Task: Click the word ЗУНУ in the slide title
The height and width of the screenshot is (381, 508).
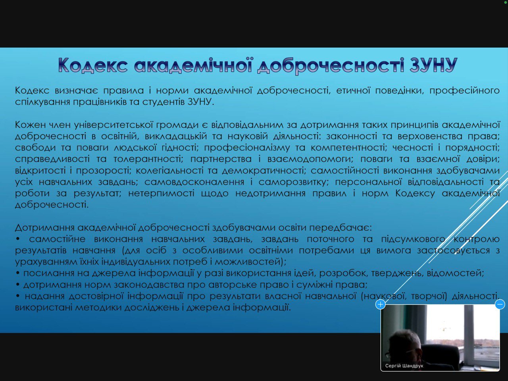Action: [x=433, y=65]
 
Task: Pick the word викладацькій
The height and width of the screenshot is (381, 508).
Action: [x=176, y=136]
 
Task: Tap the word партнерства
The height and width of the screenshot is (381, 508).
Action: [x=221, y=159]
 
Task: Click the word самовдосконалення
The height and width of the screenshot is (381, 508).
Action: [x=194, y=182]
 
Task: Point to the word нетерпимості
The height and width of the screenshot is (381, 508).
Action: [x=161, y=193]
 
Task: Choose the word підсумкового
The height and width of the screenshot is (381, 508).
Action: [x=413, y=239]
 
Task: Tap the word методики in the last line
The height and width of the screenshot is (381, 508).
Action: [x=98, y=308]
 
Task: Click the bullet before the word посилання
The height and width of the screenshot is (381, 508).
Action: [x=18, y=273]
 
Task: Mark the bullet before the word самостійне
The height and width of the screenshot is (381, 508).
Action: [x=18, y=239]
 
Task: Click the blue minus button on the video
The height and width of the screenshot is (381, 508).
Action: [x=500, y=304]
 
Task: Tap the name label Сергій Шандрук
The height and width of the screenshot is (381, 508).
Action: [x=404, y=366]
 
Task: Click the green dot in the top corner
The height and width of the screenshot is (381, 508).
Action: [x=506, y=2]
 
